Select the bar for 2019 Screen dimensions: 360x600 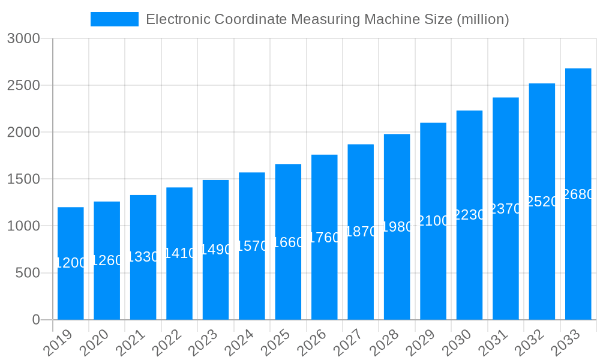pos(71,263)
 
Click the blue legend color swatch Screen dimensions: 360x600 pos(114,19)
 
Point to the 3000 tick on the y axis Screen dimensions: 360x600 pos(23,38)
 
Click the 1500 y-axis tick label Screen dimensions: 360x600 pos(23,179)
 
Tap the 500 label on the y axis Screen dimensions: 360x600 pos(28,273)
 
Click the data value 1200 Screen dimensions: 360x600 pos(71,263)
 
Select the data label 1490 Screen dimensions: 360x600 pos(216,250)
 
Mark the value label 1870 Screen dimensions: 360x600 pos(361,232)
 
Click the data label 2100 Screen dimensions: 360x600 pos(433,221)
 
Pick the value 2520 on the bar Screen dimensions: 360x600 pos(542,202)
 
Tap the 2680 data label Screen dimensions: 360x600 pos(578,194)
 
